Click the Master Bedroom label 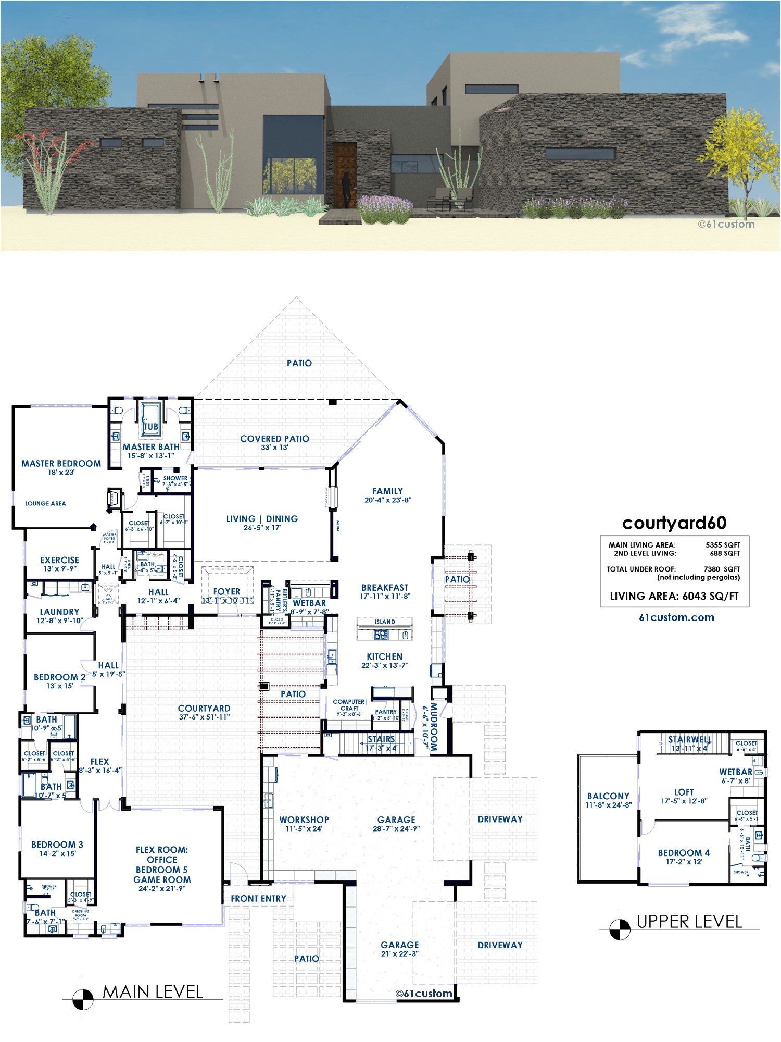coord(61,463)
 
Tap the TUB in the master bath coord(150,426)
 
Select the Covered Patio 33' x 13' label coord(274,443)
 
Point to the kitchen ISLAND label coord(385,622)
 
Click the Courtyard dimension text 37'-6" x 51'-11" coord(204,717)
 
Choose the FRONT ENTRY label coord(258,898)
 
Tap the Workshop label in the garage coord(304,820)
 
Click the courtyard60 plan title coord(674,523)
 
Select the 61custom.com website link coord(676,617)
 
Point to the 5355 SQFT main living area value coord(723,545)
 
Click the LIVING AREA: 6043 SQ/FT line coord(674,596)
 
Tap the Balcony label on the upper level coord(608,796)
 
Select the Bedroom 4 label coord(684,853)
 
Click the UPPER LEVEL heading coord(689,922)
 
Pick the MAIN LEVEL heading coord(153,991)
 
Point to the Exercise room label coord(59,560)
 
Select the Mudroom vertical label coord(434,726)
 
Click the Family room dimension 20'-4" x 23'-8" coord(387,500)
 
